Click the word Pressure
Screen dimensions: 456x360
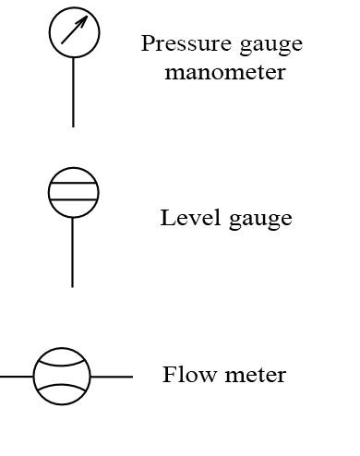coord(181,43)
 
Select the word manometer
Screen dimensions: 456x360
coord(225,71)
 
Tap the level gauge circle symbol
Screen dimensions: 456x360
coord(73,192)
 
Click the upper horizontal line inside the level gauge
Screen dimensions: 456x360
coord(73,185)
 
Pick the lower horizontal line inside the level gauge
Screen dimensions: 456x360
coord(73,199)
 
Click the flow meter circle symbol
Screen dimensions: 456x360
coord(62,376)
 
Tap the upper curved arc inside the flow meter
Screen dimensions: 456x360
coord(62,362)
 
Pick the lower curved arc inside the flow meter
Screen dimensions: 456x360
coord(62,390)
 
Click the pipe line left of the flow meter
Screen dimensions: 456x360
coord(17,377)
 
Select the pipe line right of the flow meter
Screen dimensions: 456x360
coord(111,377)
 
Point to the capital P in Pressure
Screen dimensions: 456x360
coord(148,43)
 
